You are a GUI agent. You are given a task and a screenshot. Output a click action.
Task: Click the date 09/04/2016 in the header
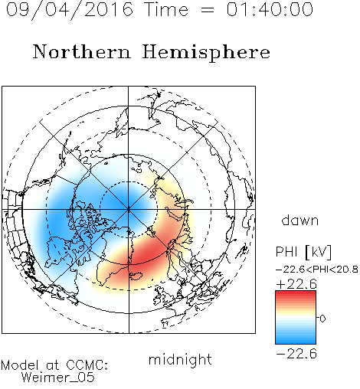(x=70, y=10)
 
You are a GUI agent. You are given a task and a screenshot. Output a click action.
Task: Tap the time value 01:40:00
(x=270, y=9)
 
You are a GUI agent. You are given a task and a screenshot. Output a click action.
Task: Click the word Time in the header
(x=166, y=9)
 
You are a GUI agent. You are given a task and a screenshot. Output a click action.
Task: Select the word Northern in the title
(x=82, y=51)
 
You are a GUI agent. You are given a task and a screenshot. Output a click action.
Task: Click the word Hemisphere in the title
(x=206, y=53)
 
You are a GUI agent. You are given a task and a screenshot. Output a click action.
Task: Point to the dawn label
(x=299, y=220)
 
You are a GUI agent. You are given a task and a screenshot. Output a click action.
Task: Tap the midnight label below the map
(x=180, y=359)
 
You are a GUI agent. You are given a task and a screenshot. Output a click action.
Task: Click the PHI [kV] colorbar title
(x=303, y=252)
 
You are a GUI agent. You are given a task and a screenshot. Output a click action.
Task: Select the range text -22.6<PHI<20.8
(x=317, y=269)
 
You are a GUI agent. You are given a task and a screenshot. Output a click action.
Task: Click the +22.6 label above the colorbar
(x=296, y=284)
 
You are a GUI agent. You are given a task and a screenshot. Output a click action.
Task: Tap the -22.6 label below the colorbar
(x=296, y=354)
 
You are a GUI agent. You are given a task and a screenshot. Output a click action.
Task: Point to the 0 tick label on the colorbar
(x=322, y=319)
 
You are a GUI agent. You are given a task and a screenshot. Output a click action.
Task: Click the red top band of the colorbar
(x=296, y=294)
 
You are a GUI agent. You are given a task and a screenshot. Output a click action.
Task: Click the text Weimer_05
(x=58, y=378)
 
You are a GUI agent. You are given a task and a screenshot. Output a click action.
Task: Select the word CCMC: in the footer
(x=87, y=365)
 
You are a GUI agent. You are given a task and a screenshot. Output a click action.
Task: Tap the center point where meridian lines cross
(x=129, y=209)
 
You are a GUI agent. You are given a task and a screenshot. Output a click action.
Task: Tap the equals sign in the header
(x=208, y=10)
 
